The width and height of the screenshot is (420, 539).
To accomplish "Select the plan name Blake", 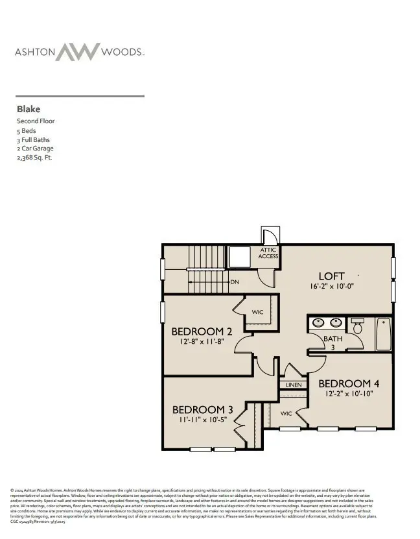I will tap(29, 110).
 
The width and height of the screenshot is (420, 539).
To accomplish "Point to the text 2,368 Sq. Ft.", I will tap(34, 158).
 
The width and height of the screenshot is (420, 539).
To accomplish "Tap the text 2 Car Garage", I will tap(35, 149).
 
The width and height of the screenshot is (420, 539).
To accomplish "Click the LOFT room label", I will tap(331, 276).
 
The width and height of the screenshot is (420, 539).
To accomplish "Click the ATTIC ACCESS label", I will tap(268, 253).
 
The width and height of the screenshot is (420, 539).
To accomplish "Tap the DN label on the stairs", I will tap(235, 282).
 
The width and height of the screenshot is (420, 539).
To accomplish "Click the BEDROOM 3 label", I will tap(202, 409).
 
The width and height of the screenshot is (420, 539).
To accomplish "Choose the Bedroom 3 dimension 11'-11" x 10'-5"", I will tap(202, 420).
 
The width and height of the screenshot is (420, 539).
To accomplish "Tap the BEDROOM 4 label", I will tap(344, 383).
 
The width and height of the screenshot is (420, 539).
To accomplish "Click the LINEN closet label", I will tap(293, 385).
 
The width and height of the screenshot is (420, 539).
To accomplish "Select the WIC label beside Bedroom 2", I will tap(257, 313).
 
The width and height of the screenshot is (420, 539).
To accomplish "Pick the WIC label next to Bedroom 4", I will tap(286, 413).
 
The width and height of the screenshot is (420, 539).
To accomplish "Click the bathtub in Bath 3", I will tap(384, 333).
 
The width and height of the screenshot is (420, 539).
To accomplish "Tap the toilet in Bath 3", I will tap(358, 326).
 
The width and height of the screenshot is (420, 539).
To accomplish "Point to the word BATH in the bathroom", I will tap(315, 339).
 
